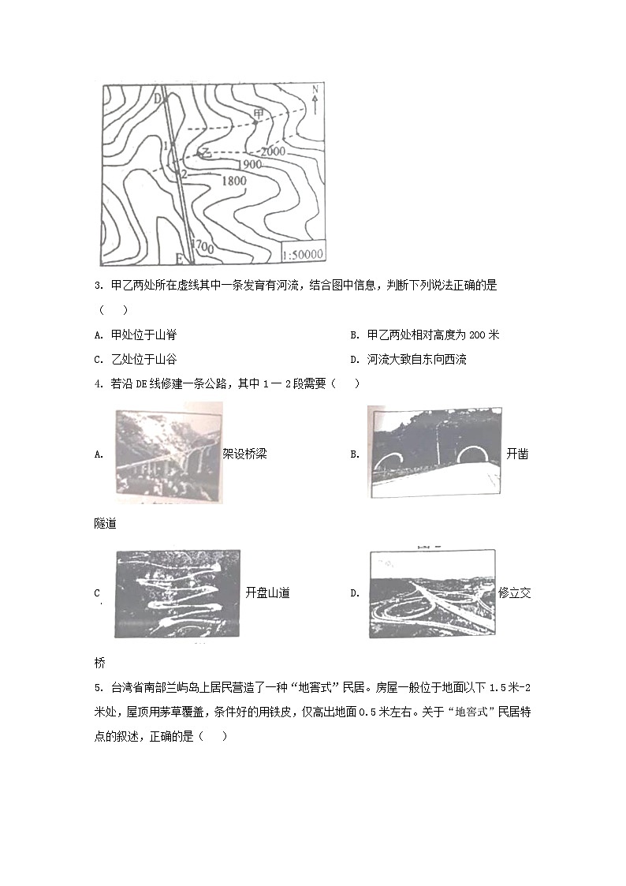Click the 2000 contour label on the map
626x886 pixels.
(x=272, y=151)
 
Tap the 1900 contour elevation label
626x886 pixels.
(x=247, y=164)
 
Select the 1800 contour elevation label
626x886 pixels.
(x=234, y=181)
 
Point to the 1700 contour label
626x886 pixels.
(x=203, y=247)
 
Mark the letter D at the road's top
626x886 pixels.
(x=158, y=99)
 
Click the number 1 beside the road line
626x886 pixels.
(x=166, y=145)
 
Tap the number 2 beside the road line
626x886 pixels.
(x=184, y=174)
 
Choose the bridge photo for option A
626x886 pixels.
(x=167, y=454)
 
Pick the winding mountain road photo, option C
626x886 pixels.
(x=177, y=593)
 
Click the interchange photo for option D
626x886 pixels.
(x=432, y=593)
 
